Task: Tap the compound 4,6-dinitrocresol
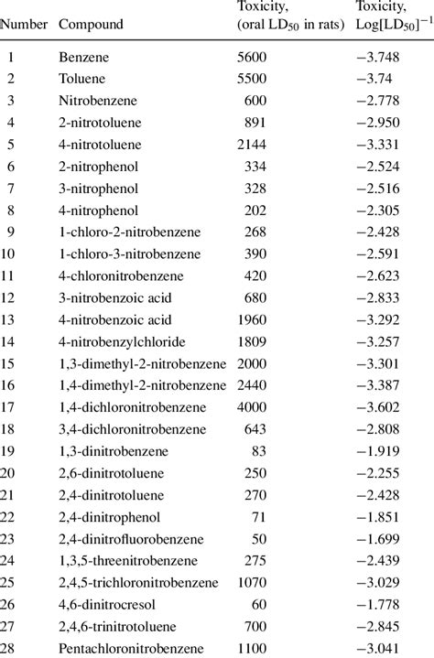pyautogui.click(x=104, y=604)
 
